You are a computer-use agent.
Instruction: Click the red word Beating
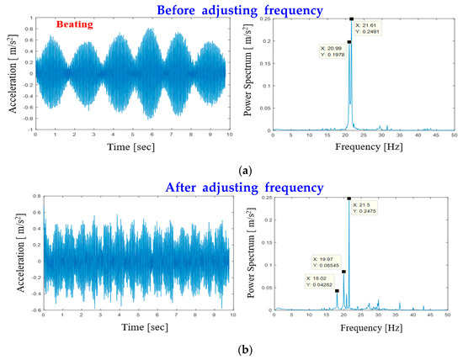[x=73, y=26]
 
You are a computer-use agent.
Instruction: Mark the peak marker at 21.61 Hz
[x=352, y=18]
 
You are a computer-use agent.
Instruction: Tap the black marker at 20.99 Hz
[x=349, y=41]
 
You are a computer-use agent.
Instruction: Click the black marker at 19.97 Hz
[x=343, y=272]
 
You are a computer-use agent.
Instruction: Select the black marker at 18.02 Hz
[x=337, y=291]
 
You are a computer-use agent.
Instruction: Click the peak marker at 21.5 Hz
[x=349, y=199]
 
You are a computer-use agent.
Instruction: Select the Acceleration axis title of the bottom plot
[x=11, y=255]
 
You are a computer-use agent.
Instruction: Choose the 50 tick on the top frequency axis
[x=454, y=135]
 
